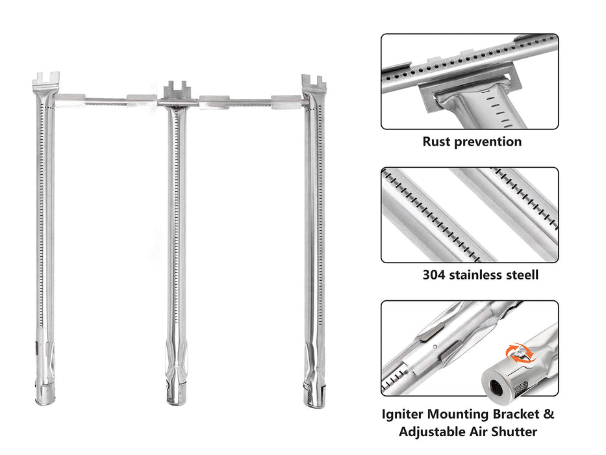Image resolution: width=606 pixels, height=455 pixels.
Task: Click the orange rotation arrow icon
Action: point(520,353)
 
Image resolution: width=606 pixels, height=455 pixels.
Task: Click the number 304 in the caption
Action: point(434,275)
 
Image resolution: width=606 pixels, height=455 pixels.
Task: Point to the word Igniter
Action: point(402,415)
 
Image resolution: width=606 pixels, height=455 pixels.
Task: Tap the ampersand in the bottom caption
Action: point(549,413)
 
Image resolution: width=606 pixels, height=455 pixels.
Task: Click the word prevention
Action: point(488,142)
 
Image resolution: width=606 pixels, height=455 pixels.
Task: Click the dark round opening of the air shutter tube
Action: point(496,386)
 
